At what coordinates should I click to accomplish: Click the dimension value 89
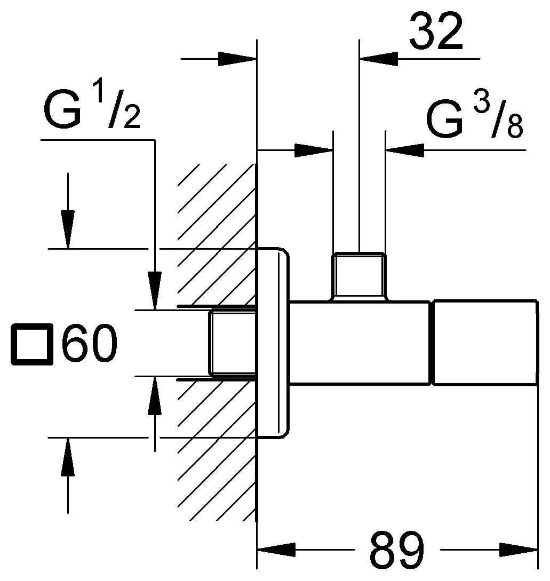397,550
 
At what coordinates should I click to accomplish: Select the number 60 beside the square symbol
89,345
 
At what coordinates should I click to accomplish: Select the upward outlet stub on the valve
358,275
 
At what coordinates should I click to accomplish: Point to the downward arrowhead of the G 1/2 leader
155,290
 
